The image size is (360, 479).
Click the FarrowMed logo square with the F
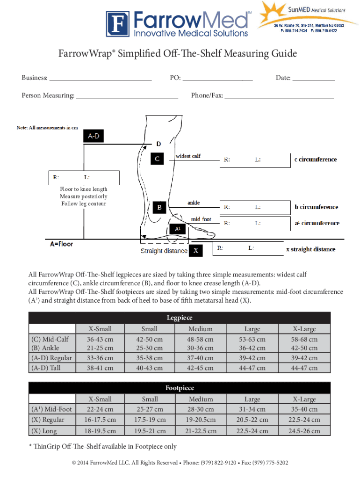[119, 24]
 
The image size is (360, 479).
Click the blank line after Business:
[100, 80]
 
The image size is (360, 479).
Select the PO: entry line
[218, 80]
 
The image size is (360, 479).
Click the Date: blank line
[313, 80]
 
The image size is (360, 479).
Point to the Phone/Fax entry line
[279, 97]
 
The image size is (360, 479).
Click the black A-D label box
[94, 136]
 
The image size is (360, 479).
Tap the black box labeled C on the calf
[158, 159]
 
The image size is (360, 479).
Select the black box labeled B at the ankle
[159, 207]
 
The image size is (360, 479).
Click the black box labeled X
[196, 251]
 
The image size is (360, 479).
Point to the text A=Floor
[62, 244]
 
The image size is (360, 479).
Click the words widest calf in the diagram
[188, 156]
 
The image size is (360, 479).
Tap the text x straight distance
[310, 249]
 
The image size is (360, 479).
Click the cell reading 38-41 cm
[101, 368]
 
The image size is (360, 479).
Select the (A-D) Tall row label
[46, 368]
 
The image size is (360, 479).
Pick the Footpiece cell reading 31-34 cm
[252, 410]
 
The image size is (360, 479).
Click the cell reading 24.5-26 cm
[304, 431]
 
